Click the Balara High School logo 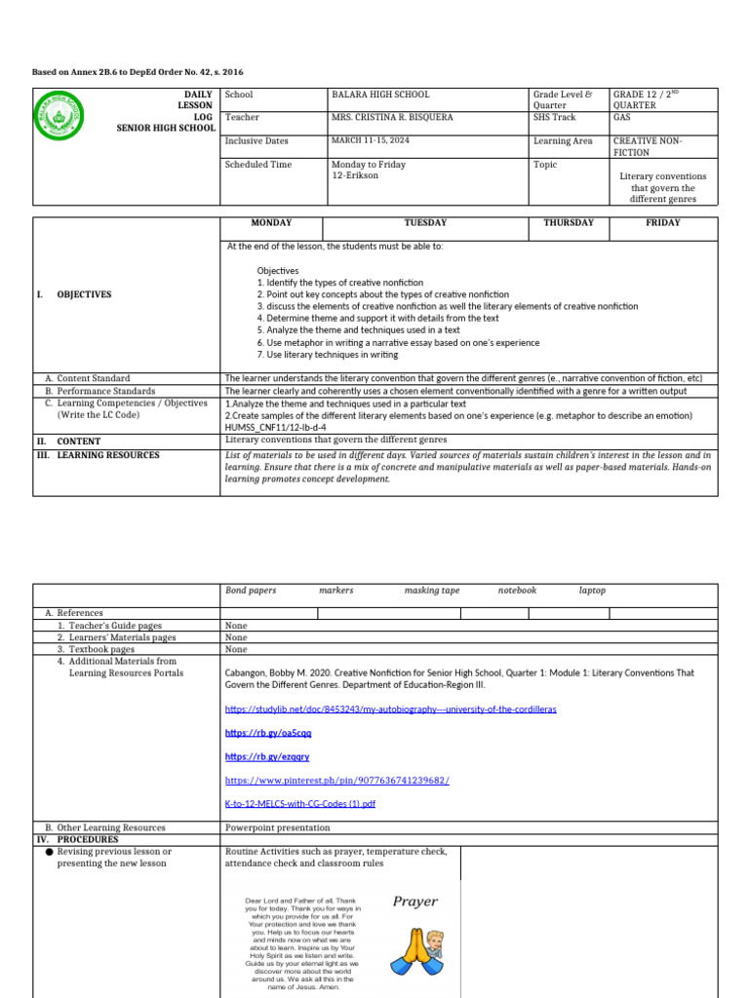[59, 116]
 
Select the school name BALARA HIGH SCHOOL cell [380, 95]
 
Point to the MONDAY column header [271, 223]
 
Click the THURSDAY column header [568, 223]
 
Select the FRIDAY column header [663, 223]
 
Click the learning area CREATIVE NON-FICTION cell [648, 146]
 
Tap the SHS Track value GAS [621, 117]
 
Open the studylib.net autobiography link [390, 710]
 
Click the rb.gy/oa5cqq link [255, 732]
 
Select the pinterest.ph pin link [336, 781]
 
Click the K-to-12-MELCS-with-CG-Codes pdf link [299, 804]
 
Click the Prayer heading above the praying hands [414, 902]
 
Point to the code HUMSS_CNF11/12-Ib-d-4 [275, 427]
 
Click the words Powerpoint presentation [277, 827]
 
